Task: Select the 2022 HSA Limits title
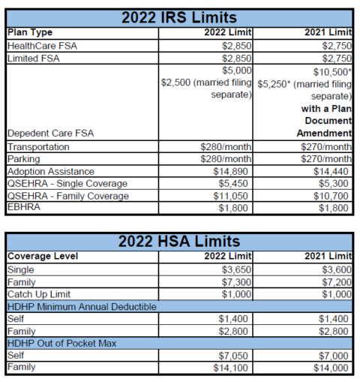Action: [x=179, y=241]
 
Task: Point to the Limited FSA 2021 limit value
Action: [x=332, y=58]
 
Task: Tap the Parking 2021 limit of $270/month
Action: [x=327, y=159]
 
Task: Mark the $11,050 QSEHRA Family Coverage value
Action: [x=232, y=196]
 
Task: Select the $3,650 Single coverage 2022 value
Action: [x=235, y=269]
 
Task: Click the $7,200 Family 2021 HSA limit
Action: [x=334, y=281]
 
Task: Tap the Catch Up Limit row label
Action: [x=39, y=293]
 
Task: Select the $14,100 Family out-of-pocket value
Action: [x=232, y=368]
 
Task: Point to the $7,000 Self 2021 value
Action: [x=334, y=355]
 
